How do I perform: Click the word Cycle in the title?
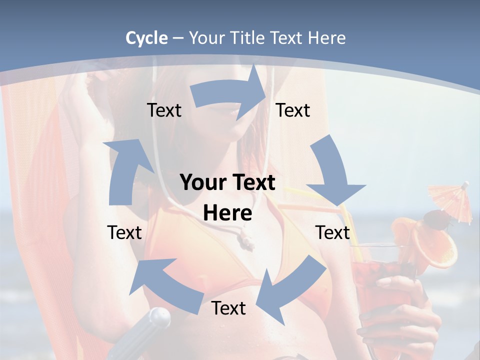click(x=146, y=38)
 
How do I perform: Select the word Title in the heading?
click(x=247, y=38)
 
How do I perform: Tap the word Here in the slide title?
click(x=326, y=38)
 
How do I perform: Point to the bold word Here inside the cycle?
click(x=227, y=213)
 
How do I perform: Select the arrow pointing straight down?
click(x=332, y=172)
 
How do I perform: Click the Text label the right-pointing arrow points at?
click(x=293, y=110)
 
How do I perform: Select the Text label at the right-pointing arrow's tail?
click(x=164, y=110)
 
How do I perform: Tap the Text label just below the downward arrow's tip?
click(x=332, y=232)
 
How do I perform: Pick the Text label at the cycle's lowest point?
click(x=228, y=308)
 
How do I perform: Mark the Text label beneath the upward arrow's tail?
click(x=124, y=232)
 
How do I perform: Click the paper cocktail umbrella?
click(x=451, y=200)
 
